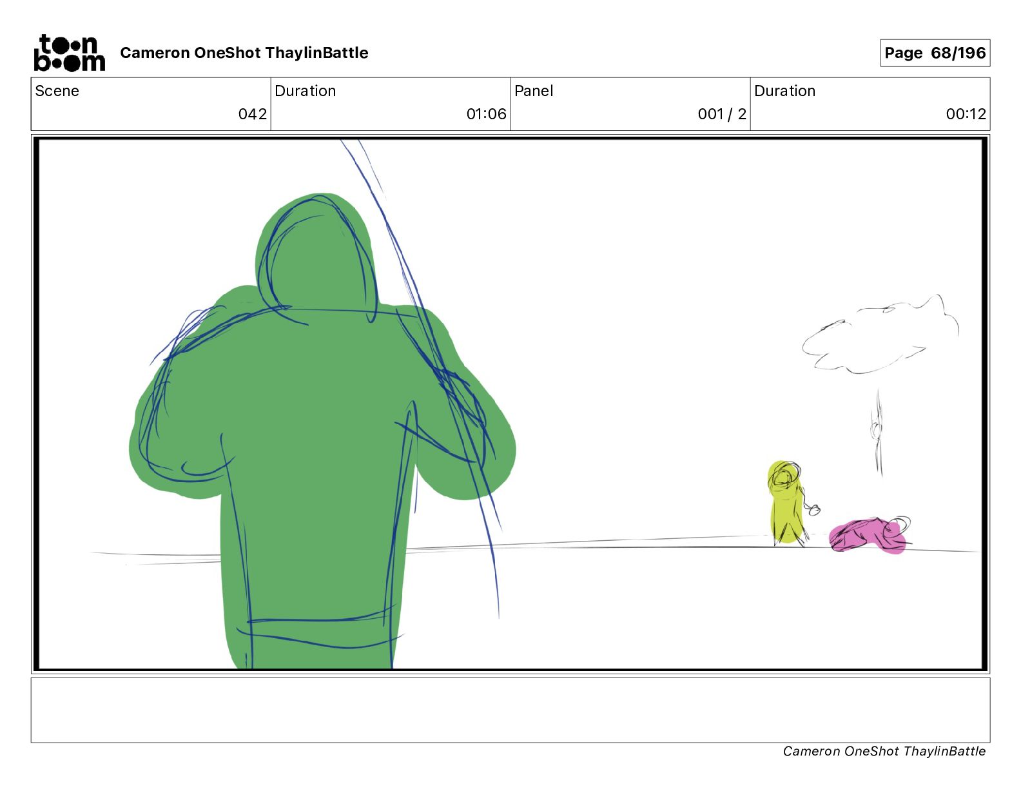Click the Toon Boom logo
tap(70, 53)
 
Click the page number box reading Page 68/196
tap(935, 53)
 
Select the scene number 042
tap(252, 113)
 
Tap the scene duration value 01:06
tap(486, 113)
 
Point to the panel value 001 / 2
tap(722, 113)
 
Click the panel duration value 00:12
tap(966, 113)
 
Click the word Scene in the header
tap(57, 91)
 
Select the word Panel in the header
tap(534, 91)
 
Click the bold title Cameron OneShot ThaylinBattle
tap(244, 53)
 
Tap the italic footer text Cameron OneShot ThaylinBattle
tap(884, 751)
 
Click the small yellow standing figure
tap(786, 503)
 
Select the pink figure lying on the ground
tap(868, 536)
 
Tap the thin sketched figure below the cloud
tap(877, 433)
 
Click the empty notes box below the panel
tap(510, 710)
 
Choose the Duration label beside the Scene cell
tap(306, 91)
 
